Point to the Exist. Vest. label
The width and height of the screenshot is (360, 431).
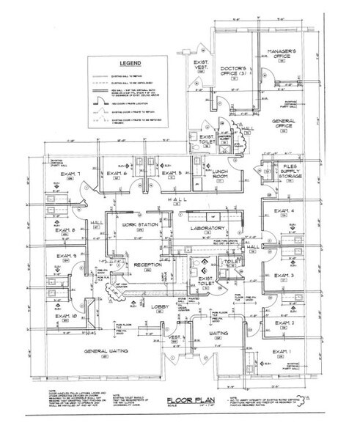point(200,67)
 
